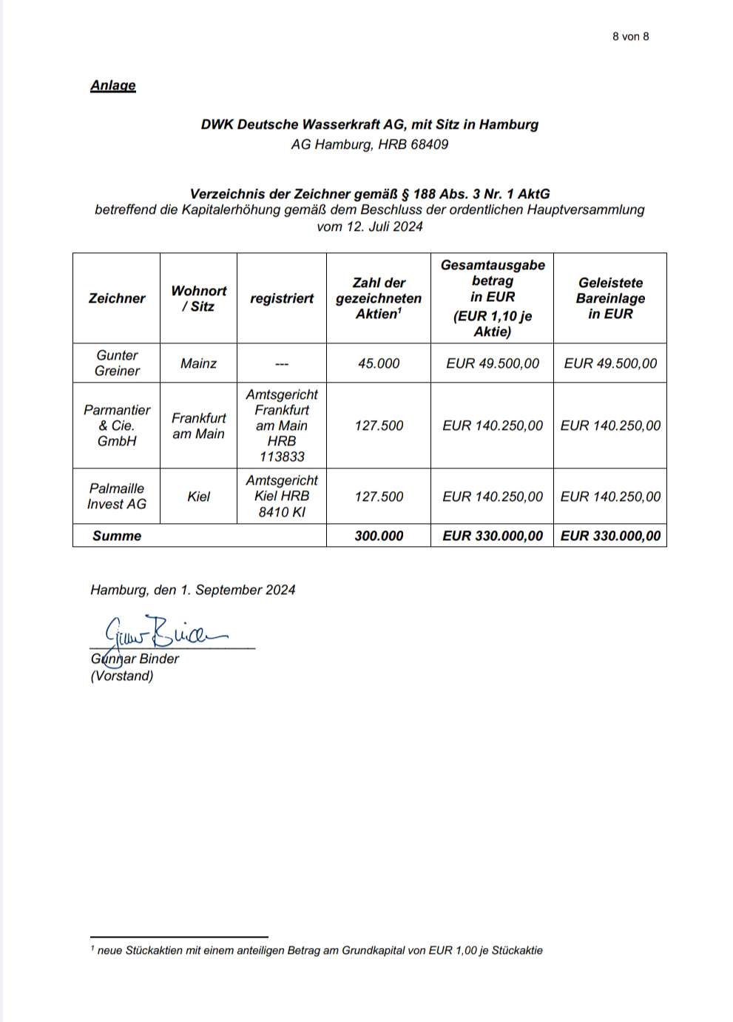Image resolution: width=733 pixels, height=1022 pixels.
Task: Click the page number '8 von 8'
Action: pyautogui.click(x=630, y=36)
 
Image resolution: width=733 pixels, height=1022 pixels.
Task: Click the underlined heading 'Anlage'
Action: pyautogui.click(x=113, y=85)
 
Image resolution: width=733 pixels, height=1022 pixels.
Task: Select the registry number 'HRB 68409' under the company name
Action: pyautogui.click(x=413, y=144)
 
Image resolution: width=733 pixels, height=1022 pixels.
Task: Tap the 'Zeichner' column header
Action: pyautogui.click(x=117, y=298)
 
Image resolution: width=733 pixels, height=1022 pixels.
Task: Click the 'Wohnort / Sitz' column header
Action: pyautogui.click(x=198, y=298)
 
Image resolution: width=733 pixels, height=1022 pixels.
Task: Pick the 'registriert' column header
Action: pyautogui.click(x=282, y=298)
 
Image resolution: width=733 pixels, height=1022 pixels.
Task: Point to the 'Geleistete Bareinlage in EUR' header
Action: pyautogui.click(x=610, y=298)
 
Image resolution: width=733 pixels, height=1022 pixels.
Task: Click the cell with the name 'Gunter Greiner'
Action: pyautogui.click(x=117, y=363)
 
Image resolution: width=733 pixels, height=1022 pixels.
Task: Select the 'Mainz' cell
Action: pyautogui.click(x=198, y=363)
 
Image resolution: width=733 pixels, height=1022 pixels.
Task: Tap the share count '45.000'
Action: pyautogui.click(x=379, y=363)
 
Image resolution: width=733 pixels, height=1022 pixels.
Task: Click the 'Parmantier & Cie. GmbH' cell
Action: pyautogui.click(x=117, y=426)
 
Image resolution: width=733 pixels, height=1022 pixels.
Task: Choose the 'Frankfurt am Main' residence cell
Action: pyautogui.click(x=198, y=426)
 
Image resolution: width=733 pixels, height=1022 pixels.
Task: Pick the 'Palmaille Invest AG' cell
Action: pyautogui.click(x=117, y=497)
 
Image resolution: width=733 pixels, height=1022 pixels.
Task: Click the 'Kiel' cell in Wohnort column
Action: pyautogui.click(x=198, y=497)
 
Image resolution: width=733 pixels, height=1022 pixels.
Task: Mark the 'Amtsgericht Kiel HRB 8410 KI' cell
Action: pyautogui.click(x=282, y=497)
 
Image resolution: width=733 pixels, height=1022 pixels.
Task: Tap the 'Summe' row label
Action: pyautogui.click(x=117, y=536)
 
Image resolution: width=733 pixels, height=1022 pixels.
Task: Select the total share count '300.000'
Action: pyautogui.click(x=379, y=536)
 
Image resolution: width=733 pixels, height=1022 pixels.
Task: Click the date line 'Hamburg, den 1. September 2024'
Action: pyautogui.click(x=193, y=590)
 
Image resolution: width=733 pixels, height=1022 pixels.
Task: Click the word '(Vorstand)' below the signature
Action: pyautogui.click(x=122, y=676)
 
